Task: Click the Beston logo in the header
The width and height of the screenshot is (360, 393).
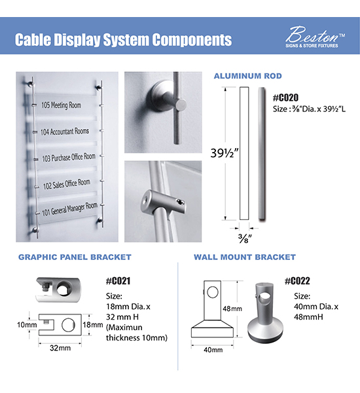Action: coord(315,37)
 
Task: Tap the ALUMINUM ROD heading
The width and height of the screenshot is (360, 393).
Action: coord(248,76)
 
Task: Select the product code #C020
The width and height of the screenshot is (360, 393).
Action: coord(285,98)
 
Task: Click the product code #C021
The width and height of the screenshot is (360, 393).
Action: coord(118,281)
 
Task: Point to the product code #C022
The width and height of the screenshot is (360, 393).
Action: coord(297,281)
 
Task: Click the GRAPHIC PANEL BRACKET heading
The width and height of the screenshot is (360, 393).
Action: coord(75,257)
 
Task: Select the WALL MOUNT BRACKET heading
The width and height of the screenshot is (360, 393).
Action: coord(245,257)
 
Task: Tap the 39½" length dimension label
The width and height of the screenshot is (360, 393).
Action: coord(225,153)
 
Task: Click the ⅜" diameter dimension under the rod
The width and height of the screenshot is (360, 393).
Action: coord(245,238)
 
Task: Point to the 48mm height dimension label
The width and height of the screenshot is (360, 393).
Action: coord(232,309)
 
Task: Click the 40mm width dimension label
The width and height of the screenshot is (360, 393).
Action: coord(213,350)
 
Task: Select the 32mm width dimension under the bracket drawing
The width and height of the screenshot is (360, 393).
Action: coord(60,348)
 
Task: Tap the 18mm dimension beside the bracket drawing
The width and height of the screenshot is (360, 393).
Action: coord(93,325)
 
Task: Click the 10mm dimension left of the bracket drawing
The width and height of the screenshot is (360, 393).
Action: coord(27,325)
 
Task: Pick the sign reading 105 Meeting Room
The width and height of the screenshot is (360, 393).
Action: coord(61,105)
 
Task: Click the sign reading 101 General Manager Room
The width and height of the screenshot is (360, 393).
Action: coord(69,210)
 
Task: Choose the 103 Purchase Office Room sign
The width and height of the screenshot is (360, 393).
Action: coord(69,157)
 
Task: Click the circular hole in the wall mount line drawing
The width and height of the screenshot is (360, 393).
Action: coord(213,292)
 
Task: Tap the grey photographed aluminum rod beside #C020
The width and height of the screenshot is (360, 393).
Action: coord(262,154)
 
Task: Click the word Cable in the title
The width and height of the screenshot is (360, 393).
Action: coord(33,39)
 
